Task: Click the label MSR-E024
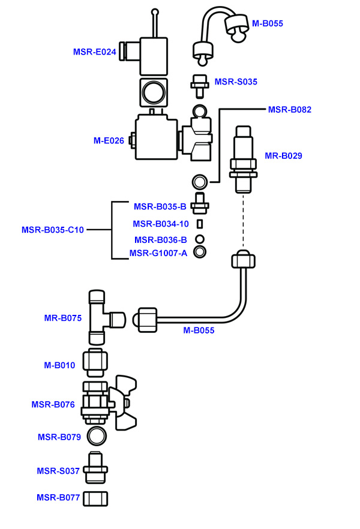(x=94, y=52)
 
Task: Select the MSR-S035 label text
(x=236, y=82)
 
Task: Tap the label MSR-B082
(x=290, y=109)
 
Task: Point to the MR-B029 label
(x=283, y=155)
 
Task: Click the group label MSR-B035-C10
(x=53, y=230)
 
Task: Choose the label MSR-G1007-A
(x=158, y=253)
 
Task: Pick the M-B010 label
(x=59, y=365)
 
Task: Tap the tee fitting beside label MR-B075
(x=99, y=315)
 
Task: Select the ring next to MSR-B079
(x=97, y=435)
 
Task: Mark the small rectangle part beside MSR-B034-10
(x=200, y=224)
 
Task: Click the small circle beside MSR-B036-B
(x=200, y=239)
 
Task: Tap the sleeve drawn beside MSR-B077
(x=97, y=498)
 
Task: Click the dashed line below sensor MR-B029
(x=244, y=222)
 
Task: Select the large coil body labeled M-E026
(x=156, y=137)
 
